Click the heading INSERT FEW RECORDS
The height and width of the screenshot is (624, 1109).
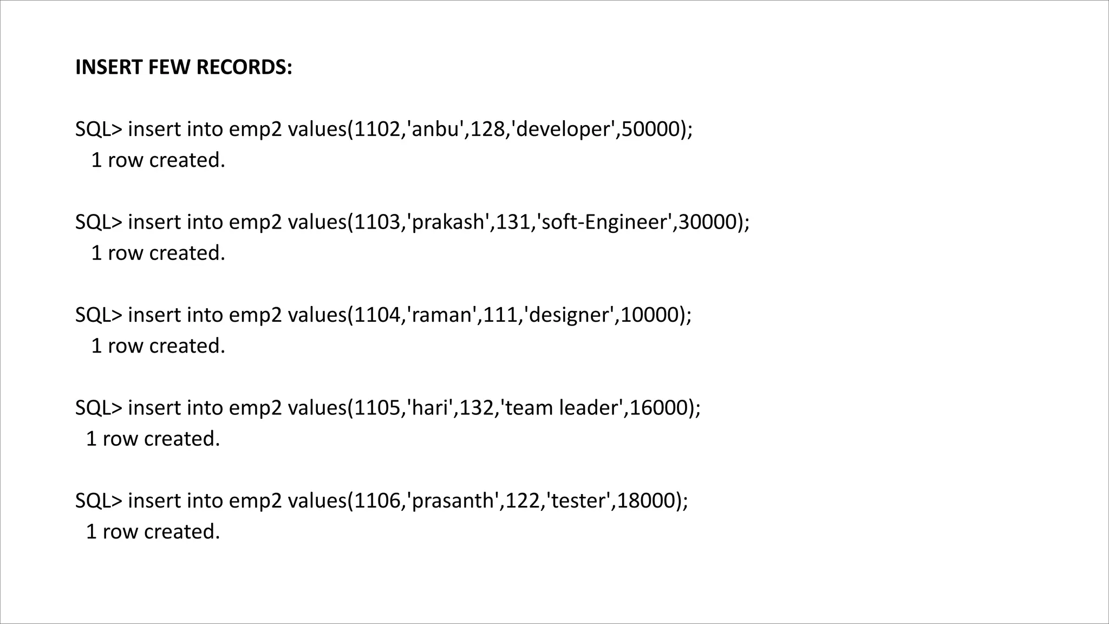(184, 68)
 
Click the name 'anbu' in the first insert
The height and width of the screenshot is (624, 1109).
(435, 129)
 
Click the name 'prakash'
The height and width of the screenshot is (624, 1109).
(448, 222)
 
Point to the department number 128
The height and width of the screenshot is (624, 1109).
(487, 129)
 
